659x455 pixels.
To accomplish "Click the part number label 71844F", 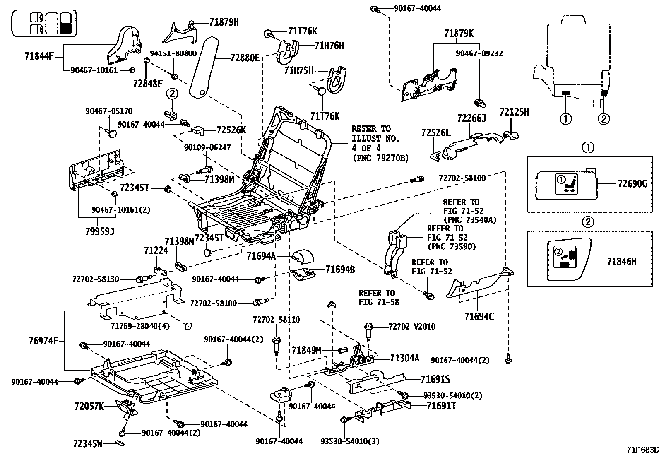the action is coord(39,56).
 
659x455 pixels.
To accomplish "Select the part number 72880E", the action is coord(245,58).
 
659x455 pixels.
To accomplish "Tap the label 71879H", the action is coord(224,22).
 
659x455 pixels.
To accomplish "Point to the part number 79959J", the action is coord(100,231).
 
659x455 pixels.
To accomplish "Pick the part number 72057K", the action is coord(89,407).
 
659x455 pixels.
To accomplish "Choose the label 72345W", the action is coord(88,443).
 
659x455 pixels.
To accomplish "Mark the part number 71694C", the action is coord(479,317).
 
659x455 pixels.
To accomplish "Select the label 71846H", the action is coord(622,262).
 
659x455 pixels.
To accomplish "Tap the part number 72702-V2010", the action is coord(412,327).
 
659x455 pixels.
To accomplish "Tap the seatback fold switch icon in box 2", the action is coord(565,257).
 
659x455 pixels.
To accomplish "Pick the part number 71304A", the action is coord(404,358).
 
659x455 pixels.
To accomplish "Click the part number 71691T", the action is coord(441,406).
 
